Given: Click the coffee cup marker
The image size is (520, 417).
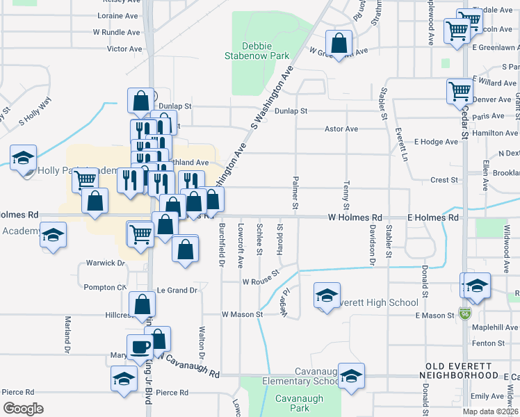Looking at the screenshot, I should point(139,347).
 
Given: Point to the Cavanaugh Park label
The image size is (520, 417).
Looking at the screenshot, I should point(291,403).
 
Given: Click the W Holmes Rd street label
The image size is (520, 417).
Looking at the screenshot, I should point(356,218).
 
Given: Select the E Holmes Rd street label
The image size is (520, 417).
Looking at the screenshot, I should point(433,218).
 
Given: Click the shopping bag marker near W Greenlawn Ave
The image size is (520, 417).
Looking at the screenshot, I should point(338,43).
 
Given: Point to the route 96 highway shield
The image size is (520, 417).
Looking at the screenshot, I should point(464,313).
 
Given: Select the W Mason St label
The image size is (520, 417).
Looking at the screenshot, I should point(242,314).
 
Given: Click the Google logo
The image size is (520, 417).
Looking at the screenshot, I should point(23,408).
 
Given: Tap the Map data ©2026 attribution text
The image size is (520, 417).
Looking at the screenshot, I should point(490,411).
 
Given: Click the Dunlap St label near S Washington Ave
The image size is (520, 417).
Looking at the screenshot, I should point(291,111).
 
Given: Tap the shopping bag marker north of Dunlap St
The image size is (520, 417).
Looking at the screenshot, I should point(140,101).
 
